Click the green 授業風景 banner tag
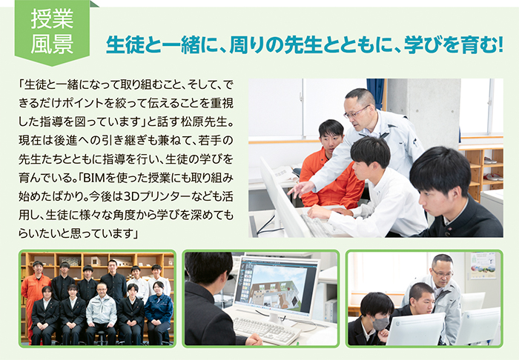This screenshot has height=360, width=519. pos(52,33)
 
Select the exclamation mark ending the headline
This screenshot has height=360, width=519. pos(500,45)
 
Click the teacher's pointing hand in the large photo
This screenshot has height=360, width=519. pos(300,189)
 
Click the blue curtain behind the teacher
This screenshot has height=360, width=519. pos(375,93)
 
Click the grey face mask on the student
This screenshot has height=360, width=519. pos(380,324)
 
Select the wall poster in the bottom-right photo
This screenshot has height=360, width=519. pos(483,265)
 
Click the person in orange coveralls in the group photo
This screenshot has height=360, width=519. pos(36,298)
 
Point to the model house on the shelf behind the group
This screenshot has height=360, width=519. pos(96,261)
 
